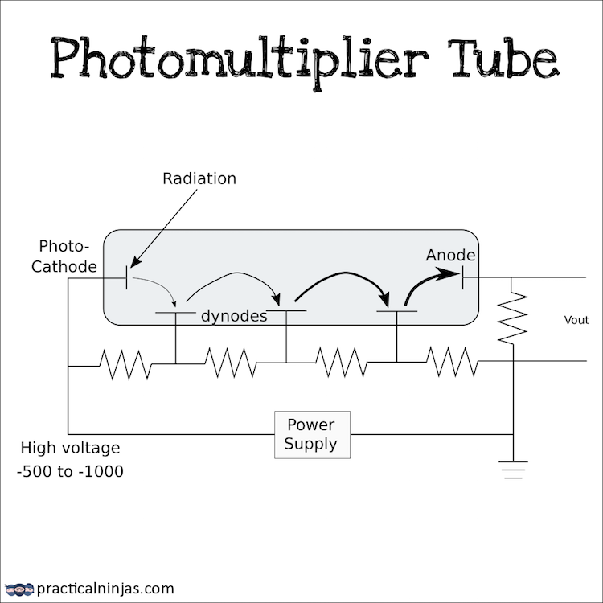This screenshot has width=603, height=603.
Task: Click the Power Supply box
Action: tap(311, 435)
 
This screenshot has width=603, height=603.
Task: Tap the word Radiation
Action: tap(199, 178)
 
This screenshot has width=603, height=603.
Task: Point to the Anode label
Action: tap(450, 256)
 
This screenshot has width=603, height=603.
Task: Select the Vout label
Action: tap(576, 320)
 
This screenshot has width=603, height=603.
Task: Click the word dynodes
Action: tap(234, 317)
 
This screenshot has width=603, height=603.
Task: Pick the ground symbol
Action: tap(513, 468)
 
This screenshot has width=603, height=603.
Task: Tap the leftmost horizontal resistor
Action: tap(125, 363)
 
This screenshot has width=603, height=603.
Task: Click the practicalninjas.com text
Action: tap(105, 589)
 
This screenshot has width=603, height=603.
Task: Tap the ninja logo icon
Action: tap(19, 589)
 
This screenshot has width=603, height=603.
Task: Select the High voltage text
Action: tap(70, 448)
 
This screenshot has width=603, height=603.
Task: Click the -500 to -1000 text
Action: tap(70, 472)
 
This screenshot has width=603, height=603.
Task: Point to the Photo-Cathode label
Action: tap(64, 256)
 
